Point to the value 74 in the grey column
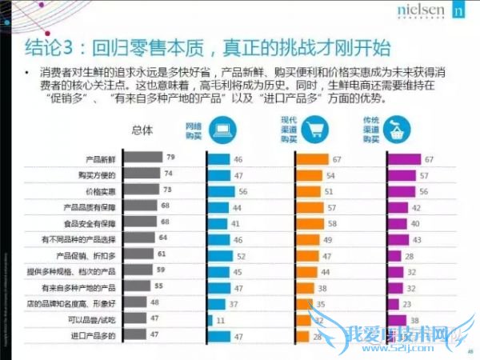(x=169, y=174)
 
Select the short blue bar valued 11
(x=210, y=319)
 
